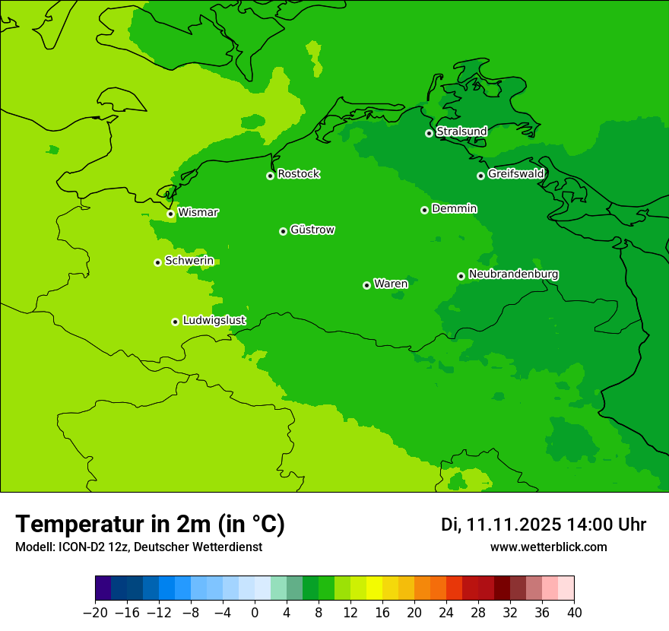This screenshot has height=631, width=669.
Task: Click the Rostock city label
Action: pyautogui.click(x=298, y=174)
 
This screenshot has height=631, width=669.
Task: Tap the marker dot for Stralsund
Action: pyautogui.click(x=429, y=133)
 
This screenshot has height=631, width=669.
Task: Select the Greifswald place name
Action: pyautogui.click(x=515, y=174)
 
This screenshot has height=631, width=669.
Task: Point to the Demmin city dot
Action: pyautogui.click(x=424, y=210)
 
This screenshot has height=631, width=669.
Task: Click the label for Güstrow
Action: pyautogui.click(x=312, y=230)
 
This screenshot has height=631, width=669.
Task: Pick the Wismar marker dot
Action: pyautogui.click(x=170, y=214)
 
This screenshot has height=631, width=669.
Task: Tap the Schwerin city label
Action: pyautogui.click(x=189, y=261)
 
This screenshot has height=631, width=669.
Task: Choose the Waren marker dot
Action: pyautogui.click(x=366, y=285)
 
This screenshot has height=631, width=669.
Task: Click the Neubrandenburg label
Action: pyautogui.click(x=513, y=274)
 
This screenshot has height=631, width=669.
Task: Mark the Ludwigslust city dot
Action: pyautogui.click(x=175, y=322)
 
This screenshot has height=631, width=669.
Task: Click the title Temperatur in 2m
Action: pyautogui.click(x=150, y=525)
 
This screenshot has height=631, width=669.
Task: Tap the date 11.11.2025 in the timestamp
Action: pyautogui.click(x=514, y=525)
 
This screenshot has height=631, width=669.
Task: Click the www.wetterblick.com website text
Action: pyautogui.click(x=548, y=547)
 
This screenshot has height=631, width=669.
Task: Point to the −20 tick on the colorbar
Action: pyautogui.click(x=95, y=613)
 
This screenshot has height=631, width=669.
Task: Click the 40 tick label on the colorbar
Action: pyautogui.click(x=574, y=613)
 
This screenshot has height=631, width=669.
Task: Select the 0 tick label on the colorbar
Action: pyautogui.click(x=255, y=613)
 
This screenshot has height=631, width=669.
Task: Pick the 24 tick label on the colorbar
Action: pyautogui.click(x=446, y=613)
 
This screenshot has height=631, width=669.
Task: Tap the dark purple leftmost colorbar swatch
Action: pyautogui.click(x=103, y=588)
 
